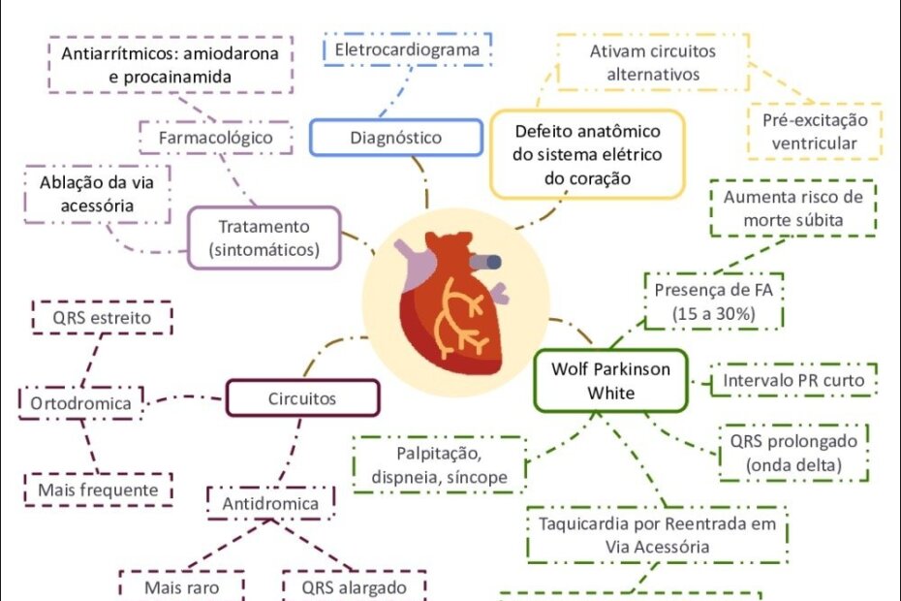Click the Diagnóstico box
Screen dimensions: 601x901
395,138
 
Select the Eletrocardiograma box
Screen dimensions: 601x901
405,49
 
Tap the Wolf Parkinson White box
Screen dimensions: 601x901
610,381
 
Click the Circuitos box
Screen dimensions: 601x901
302,397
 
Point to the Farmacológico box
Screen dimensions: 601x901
215,139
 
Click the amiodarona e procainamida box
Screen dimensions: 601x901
169,64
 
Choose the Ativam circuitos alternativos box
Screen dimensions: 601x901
652,62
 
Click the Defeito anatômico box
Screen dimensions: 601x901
587,154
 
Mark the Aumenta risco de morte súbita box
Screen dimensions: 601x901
792,208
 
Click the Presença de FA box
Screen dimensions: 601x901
715,300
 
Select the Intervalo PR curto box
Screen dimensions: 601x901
794,381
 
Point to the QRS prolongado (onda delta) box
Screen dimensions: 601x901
793,453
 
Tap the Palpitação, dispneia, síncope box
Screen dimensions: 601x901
439,464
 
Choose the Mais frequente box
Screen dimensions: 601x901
98,490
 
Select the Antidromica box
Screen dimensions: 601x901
270,504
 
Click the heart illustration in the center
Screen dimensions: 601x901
451,298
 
